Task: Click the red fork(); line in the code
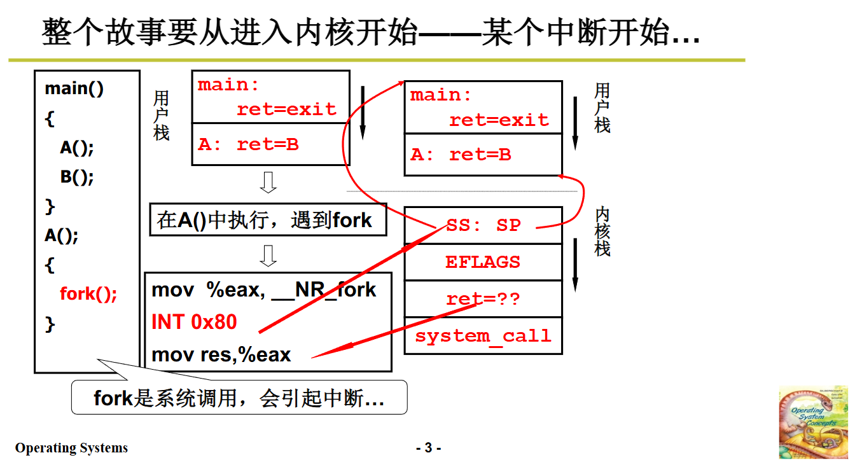tap(88, 294)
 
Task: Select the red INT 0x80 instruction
tap(194, 322)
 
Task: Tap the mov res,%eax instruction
tap(221, 354)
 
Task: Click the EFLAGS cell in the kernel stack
tap(483, 261)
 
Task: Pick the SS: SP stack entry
tap(483, 225)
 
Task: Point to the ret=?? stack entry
tap(483, 298)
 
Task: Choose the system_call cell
tap(483, 335)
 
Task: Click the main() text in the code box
tap(74, 88)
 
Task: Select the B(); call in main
tap(77, 176)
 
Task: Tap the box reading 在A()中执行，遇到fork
tap(267, 220)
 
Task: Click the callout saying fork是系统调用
tap(239, 398)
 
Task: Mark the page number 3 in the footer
tap(428, 448)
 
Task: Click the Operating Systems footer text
tap(71, 448)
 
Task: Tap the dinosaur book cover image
tap(813, 422)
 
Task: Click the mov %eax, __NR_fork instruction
tap(264, 290)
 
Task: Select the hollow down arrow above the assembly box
tap(268, 256)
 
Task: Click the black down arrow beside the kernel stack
tap(575, 265)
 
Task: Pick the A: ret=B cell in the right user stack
tap(483, 155)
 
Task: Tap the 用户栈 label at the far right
tap(602, 108)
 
